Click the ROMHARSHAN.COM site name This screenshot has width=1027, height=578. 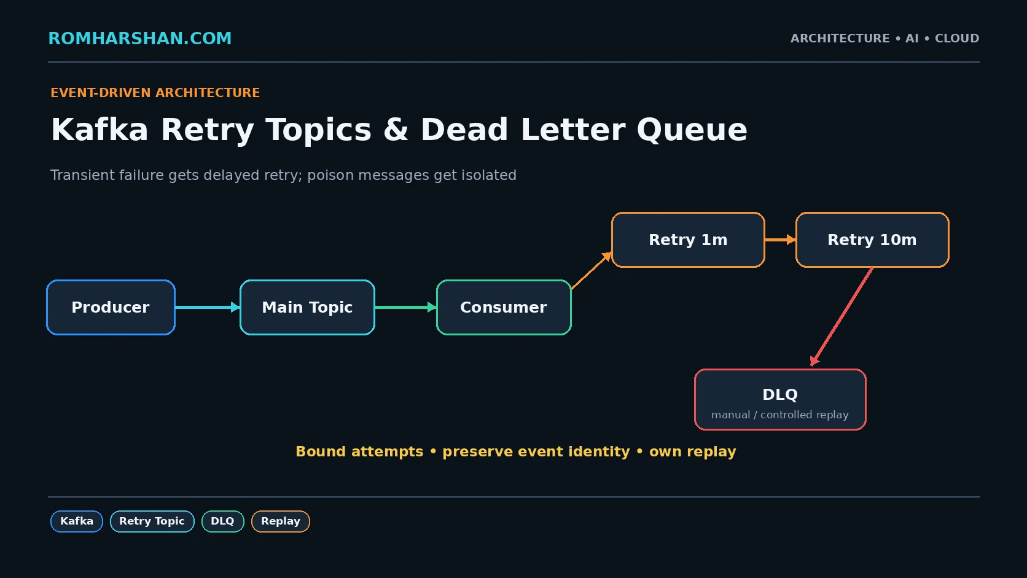pos(140,39)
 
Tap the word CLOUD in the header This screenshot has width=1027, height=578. pos(957,39)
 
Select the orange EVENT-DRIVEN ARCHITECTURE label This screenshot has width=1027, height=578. pos(155,93)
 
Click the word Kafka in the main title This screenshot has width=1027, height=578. pos(100,130)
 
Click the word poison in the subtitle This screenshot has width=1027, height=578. pos(330,176)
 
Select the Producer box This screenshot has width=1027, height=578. pos(111,307)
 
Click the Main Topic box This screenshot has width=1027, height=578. pos(307,307)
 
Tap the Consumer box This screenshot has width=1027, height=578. pos(504,307)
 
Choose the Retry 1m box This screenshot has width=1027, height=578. pos(688,240)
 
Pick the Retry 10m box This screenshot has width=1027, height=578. pos(872,240)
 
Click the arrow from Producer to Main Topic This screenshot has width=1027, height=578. pos(208,307)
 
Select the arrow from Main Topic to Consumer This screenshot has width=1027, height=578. pos(406,307)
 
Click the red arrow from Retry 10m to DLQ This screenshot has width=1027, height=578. pos(842,317)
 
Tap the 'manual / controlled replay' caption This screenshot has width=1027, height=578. pos(780,415)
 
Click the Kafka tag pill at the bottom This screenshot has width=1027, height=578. pos(77,521)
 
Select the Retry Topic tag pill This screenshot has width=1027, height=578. pos(152,521)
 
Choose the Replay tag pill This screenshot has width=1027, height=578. pos(281,521)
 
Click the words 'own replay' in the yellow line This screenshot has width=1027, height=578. pos(692,452)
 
